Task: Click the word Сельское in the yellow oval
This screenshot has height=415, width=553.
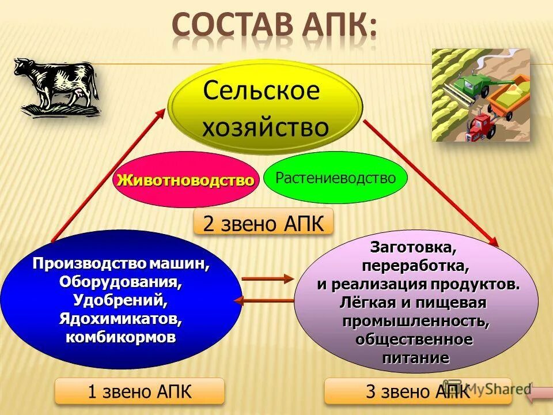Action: click(x=260, y=90)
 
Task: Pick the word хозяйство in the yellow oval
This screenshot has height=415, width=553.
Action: click(x=265, y=126)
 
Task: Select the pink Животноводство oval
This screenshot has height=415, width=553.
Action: click(x=184, y=180)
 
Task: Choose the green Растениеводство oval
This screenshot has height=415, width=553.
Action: click(x=336, y=178)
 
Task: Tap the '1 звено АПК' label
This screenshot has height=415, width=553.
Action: click(x=139, y=391)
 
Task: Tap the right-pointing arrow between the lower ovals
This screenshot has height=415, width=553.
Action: click(x=267, y=279)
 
